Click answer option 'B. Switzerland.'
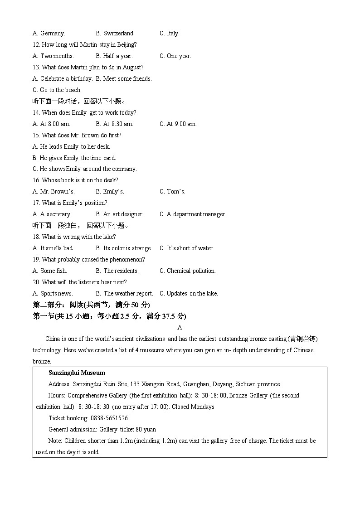[115, 33]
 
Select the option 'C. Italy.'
[170, 33]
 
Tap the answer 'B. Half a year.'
[114, 56]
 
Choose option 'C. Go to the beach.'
[57, 90]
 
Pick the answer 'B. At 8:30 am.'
[114, 124]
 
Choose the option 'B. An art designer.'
[120, 214]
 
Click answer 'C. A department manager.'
[193, 214]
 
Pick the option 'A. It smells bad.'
[53, 248]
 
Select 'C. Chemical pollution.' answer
[188, 271]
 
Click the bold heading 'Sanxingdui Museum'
[77, 373]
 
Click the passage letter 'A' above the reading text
[180, 327]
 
